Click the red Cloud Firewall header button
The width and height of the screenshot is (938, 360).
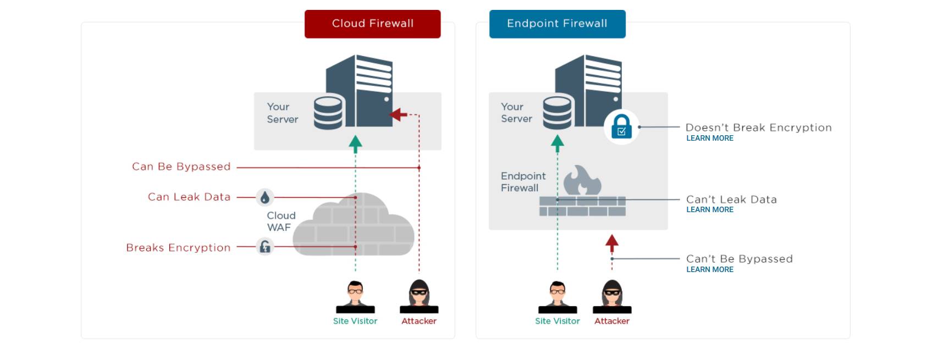tap(372, 24)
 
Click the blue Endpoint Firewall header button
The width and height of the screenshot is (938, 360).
tap(558, 24)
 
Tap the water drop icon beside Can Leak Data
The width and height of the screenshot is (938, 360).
tap(264, 197)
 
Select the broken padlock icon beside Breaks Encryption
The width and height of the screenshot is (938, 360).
tap(264, 247)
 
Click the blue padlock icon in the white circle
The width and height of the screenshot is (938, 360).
tap(621, 127)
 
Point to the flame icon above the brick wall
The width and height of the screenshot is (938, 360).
tap(582, 180)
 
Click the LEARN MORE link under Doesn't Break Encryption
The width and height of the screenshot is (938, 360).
tap(710, 138)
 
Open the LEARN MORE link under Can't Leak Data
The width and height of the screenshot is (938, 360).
tap(710, 210)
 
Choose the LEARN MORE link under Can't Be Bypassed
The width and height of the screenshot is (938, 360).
tap(710, 269)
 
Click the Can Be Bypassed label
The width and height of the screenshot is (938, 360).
tap(181, 167)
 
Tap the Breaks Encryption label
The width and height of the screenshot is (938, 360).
tap(178, 248)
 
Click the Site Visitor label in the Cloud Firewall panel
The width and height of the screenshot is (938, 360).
tap(355, 321)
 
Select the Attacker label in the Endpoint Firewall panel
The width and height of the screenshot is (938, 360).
tap(612, 321)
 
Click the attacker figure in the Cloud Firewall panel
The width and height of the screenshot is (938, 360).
tap(419, 296)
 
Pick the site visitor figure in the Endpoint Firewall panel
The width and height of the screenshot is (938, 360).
tap(558, 297)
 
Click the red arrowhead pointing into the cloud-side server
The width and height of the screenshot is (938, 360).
tap(398, 114)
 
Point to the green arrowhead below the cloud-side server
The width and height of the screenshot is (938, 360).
tap(356, 144)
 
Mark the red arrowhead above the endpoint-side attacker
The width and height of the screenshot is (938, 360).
tap(612, 243)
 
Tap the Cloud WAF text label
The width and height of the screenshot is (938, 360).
tap(281, 221)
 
